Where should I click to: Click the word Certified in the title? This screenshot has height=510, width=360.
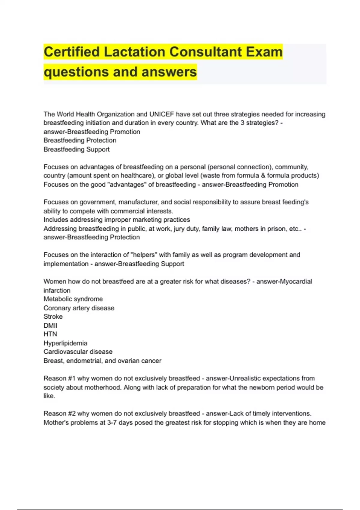pyautogui.click(x=71, y=52)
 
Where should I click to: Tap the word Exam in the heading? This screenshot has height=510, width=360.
pyautogui.click(x=264, y=52)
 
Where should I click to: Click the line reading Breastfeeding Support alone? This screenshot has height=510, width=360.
pyautogui.click(x=76, y=149)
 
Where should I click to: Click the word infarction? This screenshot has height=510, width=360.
pyautogui.click(x=57, y=290)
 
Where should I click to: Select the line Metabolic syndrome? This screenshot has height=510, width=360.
pyautogui.click(x=73, y=299)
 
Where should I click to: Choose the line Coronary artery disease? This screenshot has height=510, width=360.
pyautogui.click(x=79, y=308)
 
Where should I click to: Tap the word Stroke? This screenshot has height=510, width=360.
pyautogui.click(x=53, y=316)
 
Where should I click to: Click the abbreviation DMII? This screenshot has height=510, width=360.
pyautogui.click(x=50, y=325)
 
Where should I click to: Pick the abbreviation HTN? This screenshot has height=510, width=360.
pyautogui.click(x=50, y=334)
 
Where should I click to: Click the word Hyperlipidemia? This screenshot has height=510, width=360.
pyautogui.click(x=65, y=343)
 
